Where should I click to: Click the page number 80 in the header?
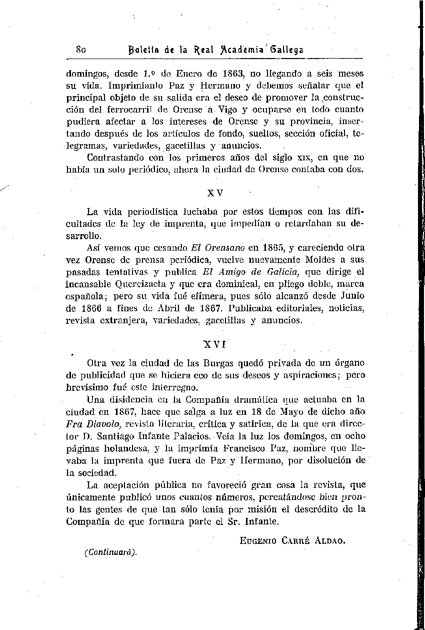click(81, 50)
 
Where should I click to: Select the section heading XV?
click(215, 192)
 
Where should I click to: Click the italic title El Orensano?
click(217, 247)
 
